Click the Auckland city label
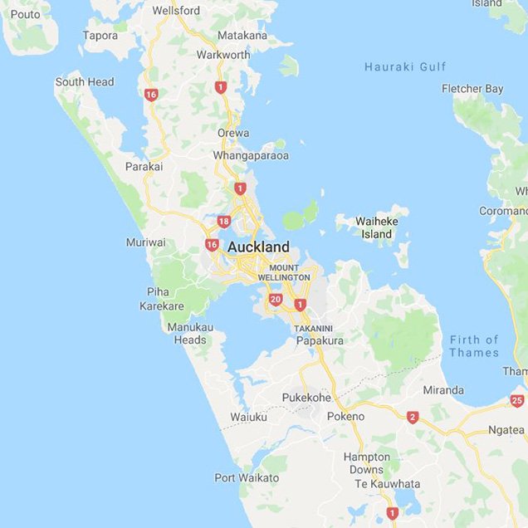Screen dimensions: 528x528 click(258, 247)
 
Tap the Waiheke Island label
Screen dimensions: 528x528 click(376, 227)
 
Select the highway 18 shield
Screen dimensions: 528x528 click(223, 221)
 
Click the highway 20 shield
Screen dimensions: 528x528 click(276, 300)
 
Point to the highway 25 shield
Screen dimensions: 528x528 click(517, 401)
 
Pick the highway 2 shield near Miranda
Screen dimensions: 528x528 click(413, 417)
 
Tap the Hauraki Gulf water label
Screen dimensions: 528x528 click(405, 66)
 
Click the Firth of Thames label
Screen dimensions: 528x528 click(474, 346)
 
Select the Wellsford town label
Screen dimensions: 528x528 click(176, 11)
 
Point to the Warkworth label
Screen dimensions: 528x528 click(223, 55)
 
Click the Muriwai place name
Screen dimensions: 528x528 click(145, 242)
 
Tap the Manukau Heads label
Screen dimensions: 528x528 click(190, 333)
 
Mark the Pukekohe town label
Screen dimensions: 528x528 click(306, 398)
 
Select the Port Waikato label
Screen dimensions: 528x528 click(247, 477)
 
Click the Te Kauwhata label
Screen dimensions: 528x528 click(383, 484)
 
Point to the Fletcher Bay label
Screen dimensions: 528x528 click(472, 89)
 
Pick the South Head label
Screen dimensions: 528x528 click(85, 82)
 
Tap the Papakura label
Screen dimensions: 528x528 click(320, 340)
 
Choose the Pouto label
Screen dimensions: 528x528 click(25, 14)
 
